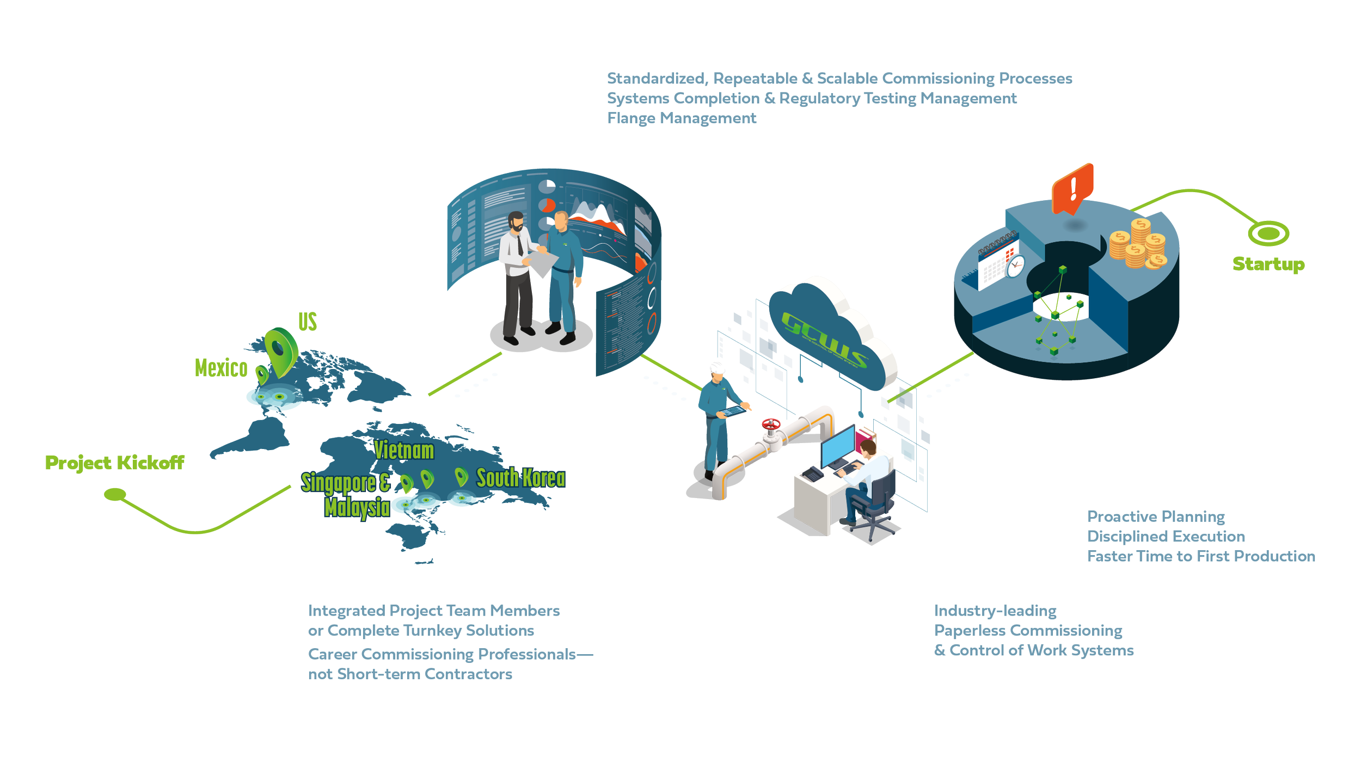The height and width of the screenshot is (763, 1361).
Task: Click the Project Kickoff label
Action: pos(114,463)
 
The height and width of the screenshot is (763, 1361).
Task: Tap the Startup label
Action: pos(1268,264)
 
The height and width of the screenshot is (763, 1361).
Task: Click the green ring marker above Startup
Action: pos(1268,234)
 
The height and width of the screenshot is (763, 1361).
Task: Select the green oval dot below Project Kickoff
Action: pos(115,494)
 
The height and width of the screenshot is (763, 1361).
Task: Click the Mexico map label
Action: pos(221,368)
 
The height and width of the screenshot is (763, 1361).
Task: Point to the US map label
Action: pos(308,322)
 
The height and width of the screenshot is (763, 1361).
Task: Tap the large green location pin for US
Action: pos(280,348)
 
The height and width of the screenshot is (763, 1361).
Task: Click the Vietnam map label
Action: pos(404,451)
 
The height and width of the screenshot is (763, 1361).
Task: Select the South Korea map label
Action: pos(521,478)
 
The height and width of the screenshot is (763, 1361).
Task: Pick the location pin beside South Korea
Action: pos(461,476)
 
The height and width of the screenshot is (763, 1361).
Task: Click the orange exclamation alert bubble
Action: pos(1072,188)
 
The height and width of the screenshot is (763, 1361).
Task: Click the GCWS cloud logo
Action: pos(825,340)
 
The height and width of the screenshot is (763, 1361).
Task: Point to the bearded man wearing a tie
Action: pos(516,272)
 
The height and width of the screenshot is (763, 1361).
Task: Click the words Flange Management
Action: pos(682,118)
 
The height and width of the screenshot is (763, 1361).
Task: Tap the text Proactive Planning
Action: pos(1156,516)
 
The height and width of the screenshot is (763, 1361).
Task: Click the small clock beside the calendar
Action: pos(1015,266)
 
